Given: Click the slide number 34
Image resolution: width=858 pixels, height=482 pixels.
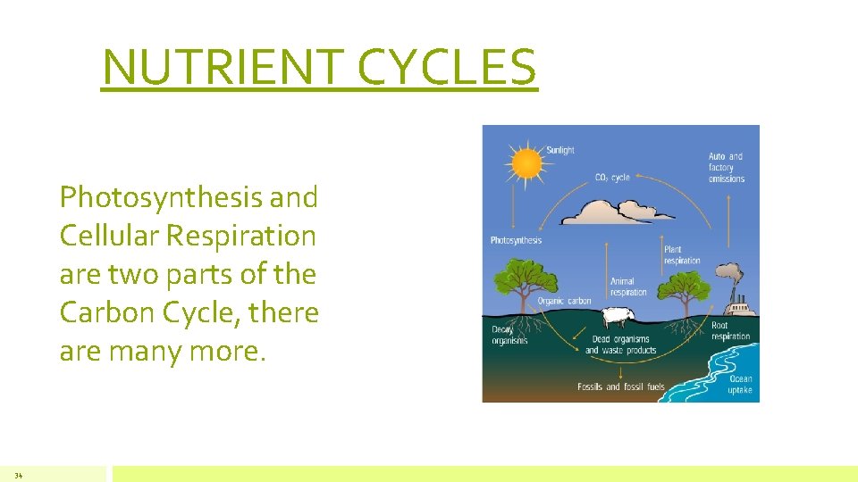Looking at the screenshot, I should tap(18, 475).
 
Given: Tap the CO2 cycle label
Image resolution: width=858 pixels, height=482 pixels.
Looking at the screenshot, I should tap(612, 178).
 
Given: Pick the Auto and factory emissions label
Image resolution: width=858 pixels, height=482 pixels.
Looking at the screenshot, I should tap(726, 167).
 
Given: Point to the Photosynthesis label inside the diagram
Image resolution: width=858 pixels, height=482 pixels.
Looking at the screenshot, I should tap(516, 240).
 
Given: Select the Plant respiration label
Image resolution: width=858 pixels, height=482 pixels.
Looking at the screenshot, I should tap(682, 255).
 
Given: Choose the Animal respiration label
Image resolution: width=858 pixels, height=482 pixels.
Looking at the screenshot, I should tap(628, 287).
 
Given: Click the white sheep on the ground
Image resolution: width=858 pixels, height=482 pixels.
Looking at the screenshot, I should tap(614, 317).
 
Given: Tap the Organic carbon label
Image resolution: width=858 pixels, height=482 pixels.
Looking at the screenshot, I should tap(564, 301).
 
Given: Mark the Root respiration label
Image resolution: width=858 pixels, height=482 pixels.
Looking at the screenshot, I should tap(730, 331).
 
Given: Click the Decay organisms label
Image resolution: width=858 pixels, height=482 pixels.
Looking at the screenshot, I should tap(509, 335).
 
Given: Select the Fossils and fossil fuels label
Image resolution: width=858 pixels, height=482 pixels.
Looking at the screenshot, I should tap(621, 386).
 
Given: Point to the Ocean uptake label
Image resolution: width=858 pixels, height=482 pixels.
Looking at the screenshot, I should tap(739, 385).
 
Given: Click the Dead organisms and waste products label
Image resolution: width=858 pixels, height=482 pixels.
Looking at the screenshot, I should tap(620, 345).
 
